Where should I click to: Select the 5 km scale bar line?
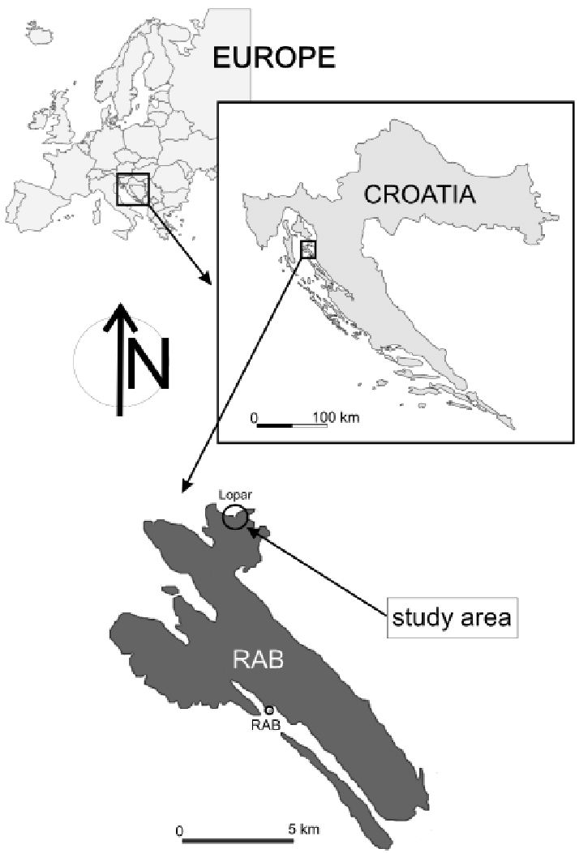pyautogui.click(x=231, y=841)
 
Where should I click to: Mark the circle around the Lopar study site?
pyautogui.click(x=235, y=516)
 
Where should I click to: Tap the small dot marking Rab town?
pyautogui.click(x=269, y=710)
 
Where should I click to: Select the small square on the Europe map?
pyautogui.click(x=132, y=189)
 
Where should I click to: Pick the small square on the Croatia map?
pyautogui.click(x=308, y=249)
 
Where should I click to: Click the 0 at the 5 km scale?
pyautogui.click(x=178, y=830)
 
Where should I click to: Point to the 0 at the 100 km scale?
pyautogui.click(x=253, y=418)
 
